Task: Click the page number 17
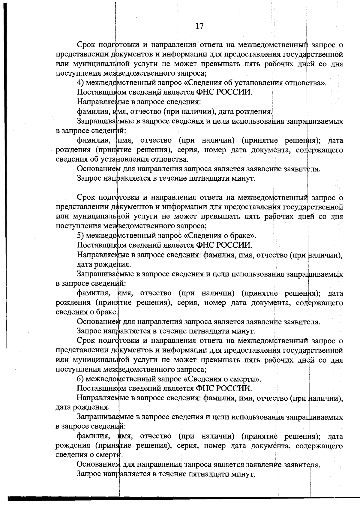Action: tap(199, 26)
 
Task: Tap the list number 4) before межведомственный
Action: tap(80, 83)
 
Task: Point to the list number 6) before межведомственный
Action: tap(80, 379)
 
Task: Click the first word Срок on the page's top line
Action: tap(86, 45)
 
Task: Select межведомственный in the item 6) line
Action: tap(116, 379)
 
